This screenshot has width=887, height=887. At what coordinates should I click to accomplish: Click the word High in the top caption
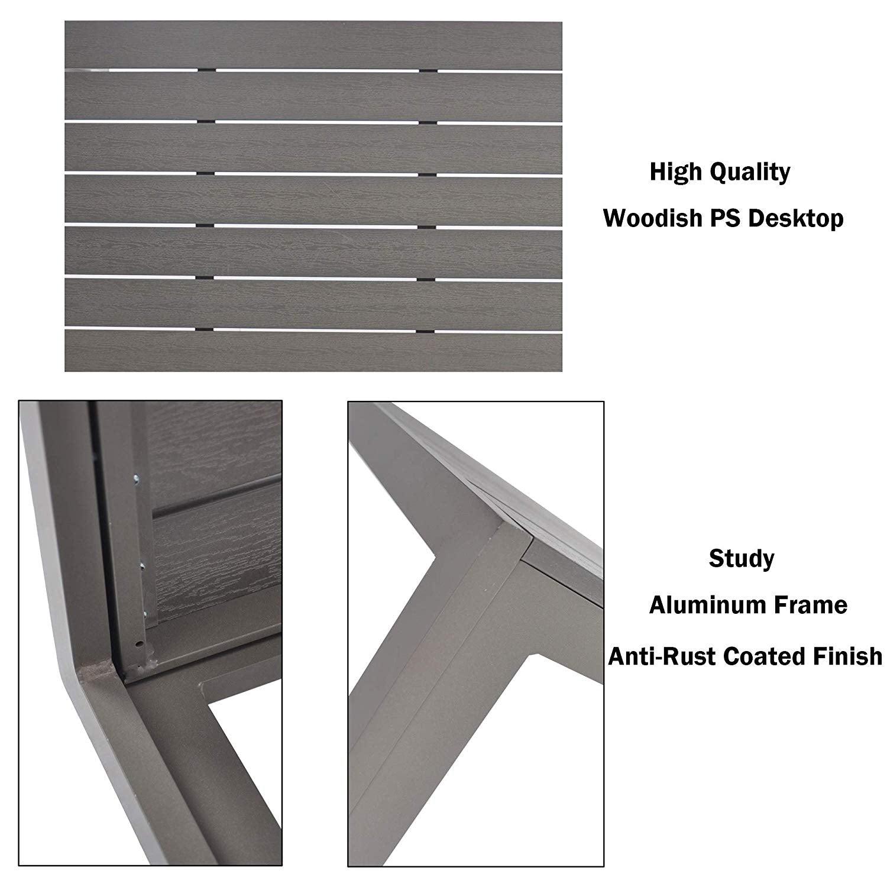[x=675, y=172]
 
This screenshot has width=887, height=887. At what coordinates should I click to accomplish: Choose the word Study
[x=742, y=559]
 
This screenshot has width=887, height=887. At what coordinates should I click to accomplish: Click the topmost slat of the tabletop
[x=313, y=44]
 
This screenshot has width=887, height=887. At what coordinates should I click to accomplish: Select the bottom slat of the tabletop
[x=313, y=350]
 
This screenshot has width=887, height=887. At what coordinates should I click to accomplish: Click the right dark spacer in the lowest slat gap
[x=428, y=328]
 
